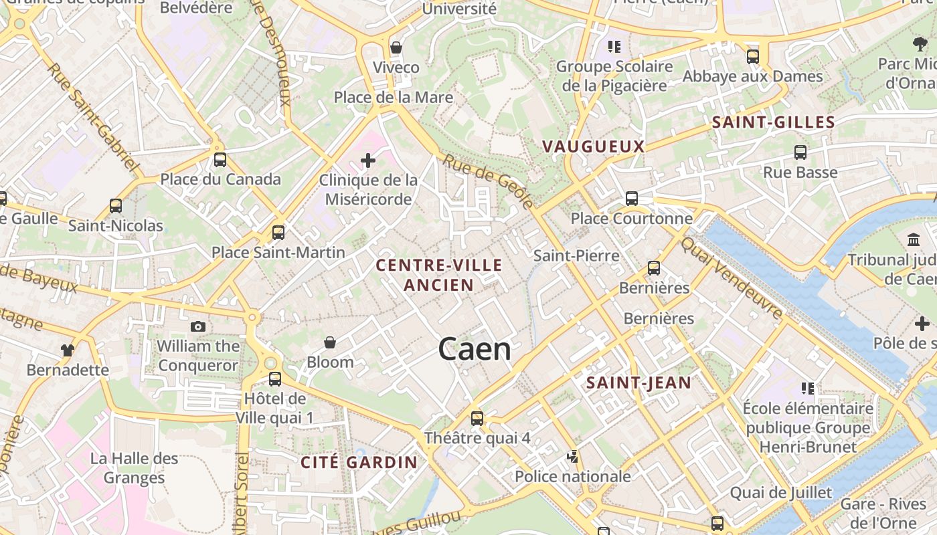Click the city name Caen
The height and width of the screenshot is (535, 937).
(x=475, y=349)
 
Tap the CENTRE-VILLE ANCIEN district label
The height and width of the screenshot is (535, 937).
(x=439, y=275)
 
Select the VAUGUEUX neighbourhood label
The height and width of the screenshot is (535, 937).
(x=593, y=146)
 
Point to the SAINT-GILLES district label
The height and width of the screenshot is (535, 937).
(x=773, y=122)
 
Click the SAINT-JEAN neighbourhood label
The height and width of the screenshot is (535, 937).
(x=638, y=383)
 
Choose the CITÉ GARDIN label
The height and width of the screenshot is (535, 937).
(x=359, y=462)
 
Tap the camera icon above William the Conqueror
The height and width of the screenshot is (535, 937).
(x=198, y=326)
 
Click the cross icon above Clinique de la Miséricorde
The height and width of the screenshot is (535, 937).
(x=367, y=160)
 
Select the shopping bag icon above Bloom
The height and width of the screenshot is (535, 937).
(x=330, y=343)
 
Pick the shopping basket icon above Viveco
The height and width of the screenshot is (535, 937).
(x=396, y=47)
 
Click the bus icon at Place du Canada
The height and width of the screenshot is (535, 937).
(x=220, y=160)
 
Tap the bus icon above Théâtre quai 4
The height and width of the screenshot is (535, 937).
(x=477, y=419)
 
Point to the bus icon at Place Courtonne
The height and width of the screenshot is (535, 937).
(x=631, y=198)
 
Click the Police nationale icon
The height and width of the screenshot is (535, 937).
(x=572, y=457)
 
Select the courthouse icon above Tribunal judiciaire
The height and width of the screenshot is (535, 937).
(x=914, y=239)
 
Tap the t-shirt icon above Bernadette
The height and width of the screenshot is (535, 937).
(x=67, y=350)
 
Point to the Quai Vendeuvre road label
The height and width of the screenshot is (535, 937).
(x=732, y=278)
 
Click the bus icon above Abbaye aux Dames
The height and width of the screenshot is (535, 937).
(x=752, y=56)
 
